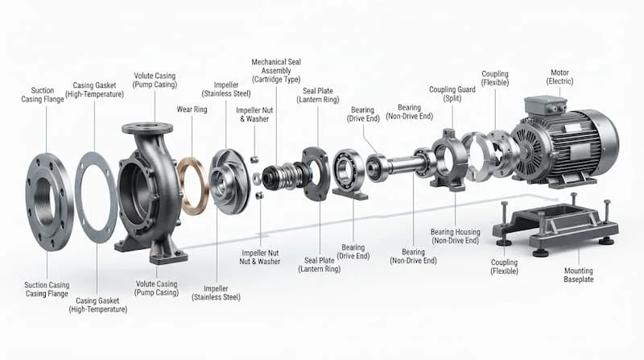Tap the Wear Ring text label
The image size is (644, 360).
(x=192, y=110)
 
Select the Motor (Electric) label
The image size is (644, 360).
(x=559, y=77)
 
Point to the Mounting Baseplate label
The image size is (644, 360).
(x=578, y=275)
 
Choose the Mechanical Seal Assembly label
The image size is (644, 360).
(x=276, y=71)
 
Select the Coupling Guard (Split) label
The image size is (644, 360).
(x=452, y=93)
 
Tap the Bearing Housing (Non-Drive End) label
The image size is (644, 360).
(x=455, y=236)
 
